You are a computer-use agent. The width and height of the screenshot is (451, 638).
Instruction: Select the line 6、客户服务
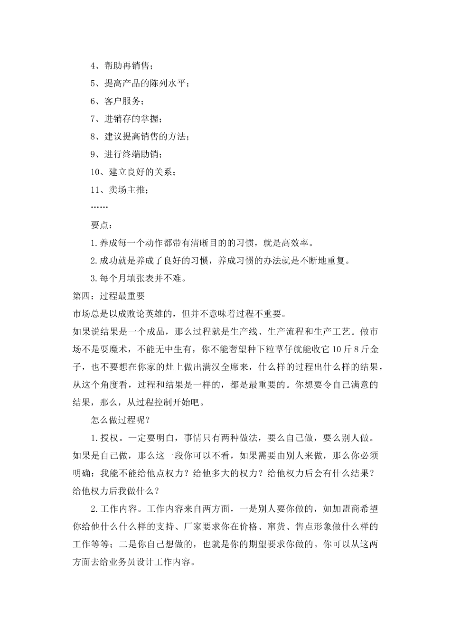point(117,101)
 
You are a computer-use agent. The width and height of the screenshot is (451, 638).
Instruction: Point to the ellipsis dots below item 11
point(99,207)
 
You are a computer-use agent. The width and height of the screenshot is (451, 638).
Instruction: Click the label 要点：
point(102,225)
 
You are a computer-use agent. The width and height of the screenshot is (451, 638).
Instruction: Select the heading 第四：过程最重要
point(109,296)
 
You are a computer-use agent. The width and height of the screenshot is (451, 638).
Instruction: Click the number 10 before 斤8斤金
point(335,349)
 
